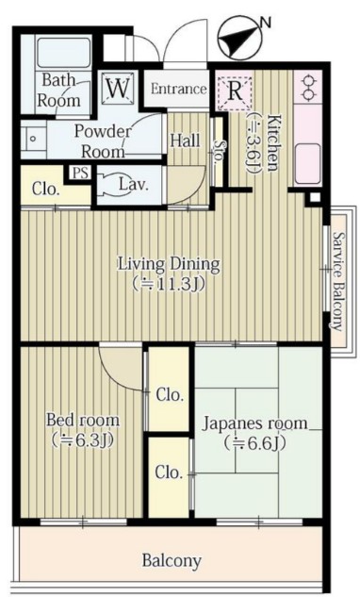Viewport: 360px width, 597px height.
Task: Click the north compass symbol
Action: tap(240, 39)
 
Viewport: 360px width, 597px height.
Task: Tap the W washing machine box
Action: tap(118, 89)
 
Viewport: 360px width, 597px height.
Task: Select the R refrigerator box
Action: tap(235, 92)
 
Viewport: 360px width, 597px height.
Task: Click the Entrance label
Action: tap(178, 89)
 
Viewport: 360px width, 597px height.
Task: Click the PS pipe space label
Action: tap(81, 174)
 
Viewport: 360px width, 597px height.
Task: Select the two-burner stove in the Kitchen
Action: tap(308, 88)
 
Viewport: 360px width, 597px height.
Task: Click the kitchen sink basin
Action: tap(307, 164)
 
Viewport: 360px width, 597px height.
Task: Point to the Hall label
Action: tap(185, 141)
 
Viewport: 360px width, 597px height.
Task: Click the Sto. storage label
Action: tap(219, 152)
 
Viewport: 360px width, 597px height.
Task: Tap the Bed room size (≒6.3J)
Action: tap(83, 440)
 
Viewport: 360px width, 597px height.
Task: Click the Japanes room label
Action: tap(254, 423)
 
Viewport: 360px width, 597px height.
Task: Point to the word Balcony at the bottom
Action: tap(172, 561)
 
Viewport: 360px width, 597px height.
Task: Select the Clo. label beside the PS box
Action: tap(46, 190)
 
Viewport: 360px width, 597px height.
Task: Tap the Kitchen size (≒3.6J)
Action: tap(253, 142)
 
